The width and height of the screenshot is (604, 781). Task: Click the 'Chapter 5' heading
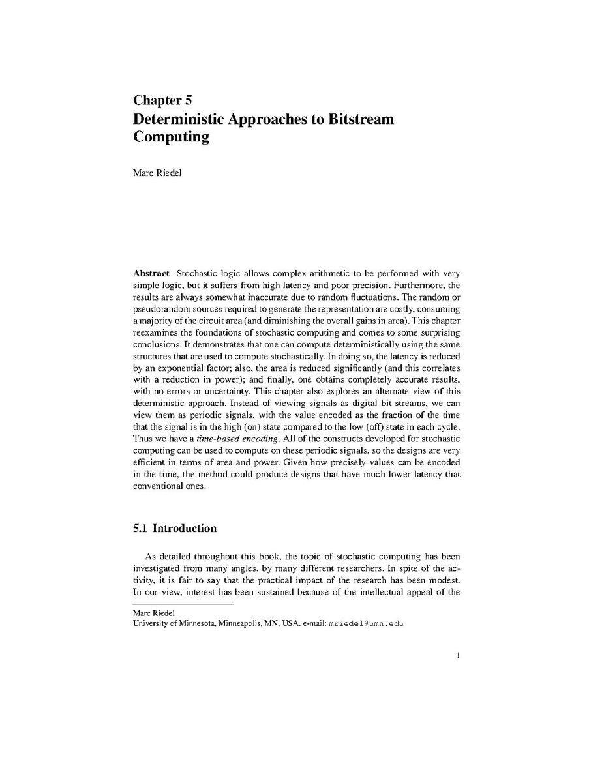coord(162,100)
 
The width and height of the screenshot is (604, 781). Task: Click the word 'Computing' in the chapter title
coord(171,138)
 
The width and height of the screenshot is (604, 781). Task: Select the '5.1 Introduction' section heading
coord(175,528)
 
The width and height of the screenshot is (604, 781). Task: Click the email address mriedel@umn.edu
coord(366,623)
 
